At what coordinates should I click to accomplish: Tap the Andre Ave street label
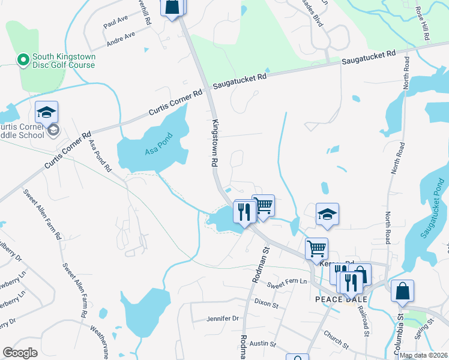(121, 39)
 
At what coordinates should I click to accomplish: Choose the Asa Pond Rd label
(100, 155)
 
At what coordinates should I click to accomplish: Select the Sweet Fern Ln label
(288, 282)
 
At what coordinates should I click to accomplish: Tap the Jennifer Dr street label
(223, 319)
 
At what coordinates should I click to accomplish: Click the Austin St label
(262, 344)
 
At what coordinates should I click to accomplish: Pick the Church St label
(336, 340)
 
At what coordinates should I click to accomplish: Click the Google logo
(20, 353)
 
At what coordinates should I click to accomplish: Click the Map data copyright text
(423, 355)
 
